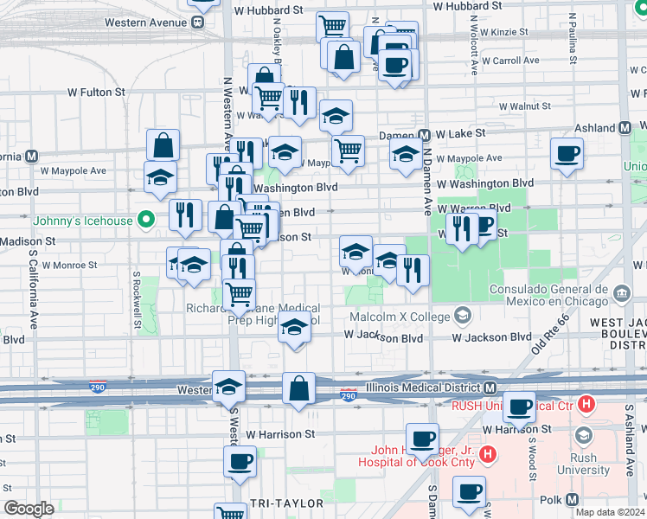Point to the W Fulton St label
click(95, 91)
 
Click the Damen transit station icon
click(425, 135)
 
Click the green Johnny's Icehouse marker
click(146, 221)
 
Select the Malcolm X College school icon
click(464, 315)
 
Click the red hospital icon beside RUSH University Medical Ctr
click(586, 404)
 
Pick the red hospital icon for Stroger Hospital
click(487, 453)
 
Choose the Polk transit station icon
click(572, 500)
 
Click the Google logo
click(28, 509)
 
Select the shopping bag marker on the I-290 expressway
click(298, 389)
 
